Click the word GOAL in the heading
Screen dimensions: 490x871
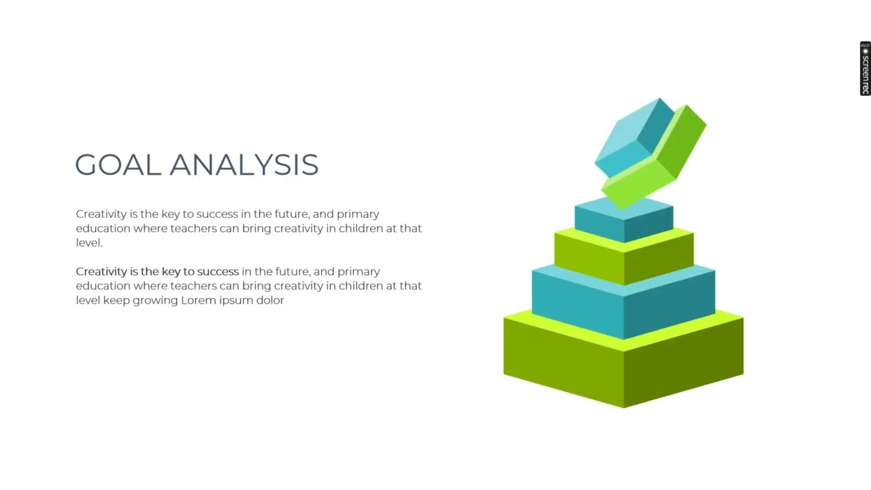tap(117, 165)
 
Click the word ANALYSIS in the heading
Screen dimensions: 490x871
tap(244, 165)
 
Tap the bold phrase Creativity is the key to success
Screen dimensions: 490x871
tap(157, 272)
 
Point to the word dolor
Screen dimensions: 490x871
tap(269, 300)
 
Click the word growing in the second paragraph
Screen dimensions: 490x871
tap(154, 300)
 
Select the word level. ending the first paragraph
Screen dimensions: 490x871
tap(88, 243)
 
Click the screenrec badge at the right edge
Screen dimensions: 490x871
tap(865, 68)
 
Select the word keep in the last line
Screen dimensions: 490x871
tap(116, 300)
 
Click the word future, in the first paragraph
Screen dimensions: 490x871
tap(292, 214)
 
